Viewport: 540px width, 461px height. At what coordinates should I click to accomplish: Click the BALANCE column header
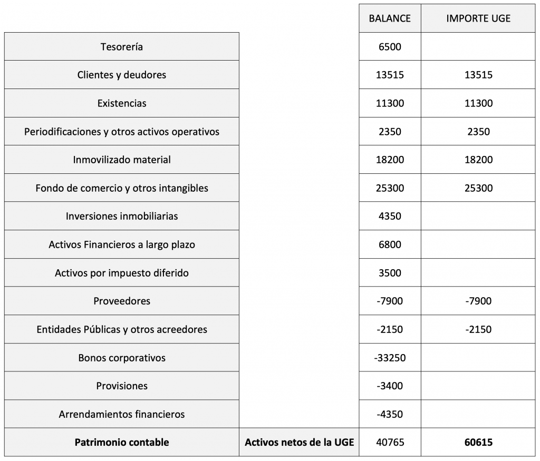390,18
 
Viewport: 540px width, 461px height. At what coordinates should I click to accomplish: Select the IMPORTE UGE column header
478,18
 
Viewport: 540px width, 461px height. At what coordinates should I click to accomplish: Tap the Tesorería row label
122,47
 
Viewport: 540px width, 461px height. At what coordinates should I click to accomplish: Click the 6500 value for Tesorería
390,47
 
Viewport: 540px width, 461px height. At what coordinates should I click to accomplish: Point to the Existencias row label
122,103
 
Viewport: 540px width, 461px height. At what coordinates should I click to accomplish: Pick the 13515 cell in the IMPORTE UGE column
478,75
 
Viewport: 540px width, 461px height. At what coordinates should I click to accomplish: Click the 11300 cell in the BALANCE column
390,103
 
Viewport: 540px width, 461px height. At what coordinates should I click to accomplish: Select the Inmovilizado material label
122,160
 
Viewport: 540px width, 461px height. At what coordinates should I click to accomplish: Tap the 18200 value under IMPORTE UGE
478,160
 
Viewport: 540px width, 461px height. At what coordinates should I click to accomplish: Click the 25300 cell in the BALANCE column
390,188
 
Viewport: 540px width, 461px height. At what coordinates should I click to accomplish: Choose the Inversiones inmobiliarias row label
122,216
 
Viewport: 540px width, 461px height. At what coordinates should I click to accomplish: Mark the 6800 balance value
390,244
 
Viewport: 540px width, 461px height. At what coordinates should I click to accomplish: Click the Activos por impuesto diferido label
122,273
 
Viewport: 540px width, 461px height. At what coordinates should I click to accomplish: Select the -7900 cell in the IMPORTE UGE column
478,301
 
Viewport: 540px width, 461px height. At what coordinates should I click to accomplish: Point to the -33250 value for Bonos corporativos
390,358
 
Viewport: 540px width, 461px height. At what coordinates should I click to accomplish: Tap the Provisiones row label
122,386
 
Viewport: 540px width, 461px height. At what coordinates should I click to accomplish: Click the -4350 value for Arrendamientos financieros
390,414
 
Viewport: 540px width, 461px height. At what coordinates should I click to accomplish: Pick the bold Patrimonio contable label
122,443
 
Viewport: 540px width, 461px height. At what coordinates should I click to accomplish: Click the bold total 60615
478,443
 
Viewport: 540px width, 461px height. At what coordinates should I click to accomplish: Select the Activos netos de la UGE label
299,443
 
